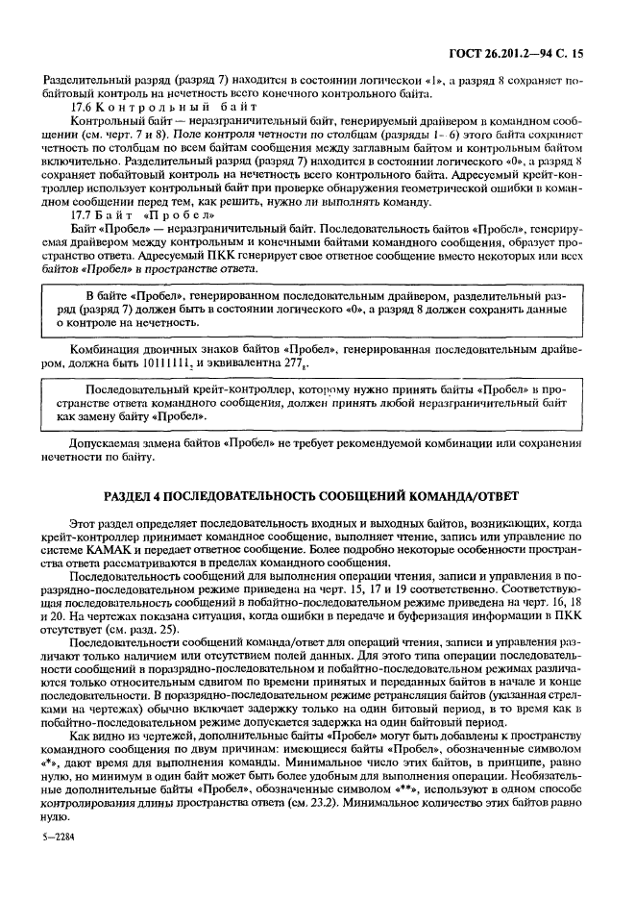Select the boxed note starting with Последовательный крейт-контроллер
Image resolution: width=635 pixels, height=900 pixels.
point(317,403)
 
